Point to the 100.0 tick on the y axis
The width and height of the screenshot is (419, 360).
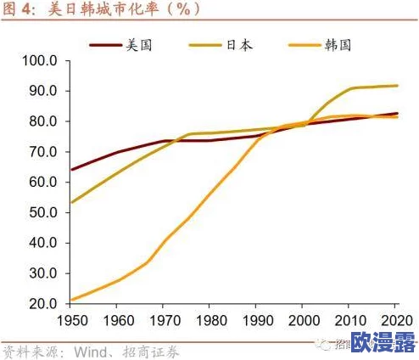(39, 61)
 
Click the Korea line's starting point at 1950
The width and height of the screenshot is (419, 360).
(71, 300)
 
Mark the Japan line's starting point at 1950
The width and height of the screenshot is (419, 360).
(71, 203)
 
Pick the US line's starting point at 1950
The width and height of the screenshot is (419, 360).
(71, 170)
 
